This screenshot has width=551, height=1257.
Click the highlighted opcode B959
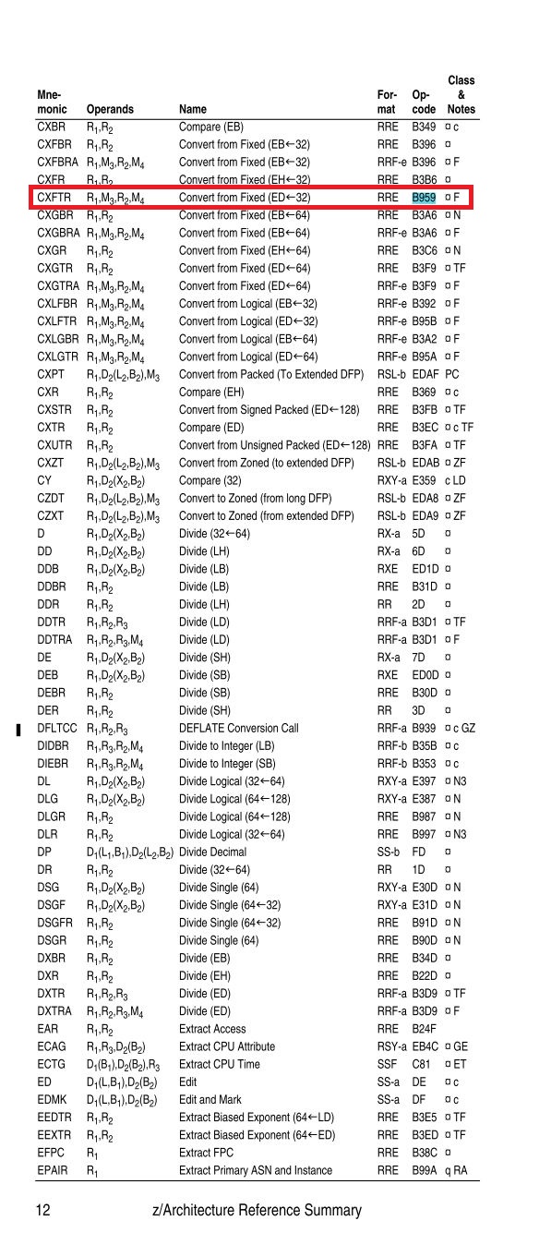tap(424, 198)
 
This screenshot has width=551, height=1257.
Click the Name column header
tap(193, 110)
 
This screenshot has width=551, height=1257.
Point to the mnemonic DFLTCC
tap(56, 728)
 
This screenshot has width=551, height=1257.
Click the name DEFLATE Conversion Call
tap(238, 728)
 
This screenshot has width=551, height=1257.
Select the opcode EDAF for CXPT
tap(425, 375)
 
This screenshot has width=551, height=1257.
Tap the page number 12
tap(43, 1210)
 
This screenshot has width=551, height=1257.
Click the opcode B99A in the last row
tap(425, 1170)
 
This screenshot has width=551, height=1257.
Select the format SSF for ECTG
tap(388, 1082)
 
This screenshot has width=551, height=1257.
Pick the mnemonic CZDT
tap(51, 499)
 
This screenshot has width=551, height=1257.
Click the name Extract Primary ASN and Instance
tap(255, 1170)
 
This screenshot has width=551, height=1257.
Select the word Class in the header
tap(461, 80)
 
